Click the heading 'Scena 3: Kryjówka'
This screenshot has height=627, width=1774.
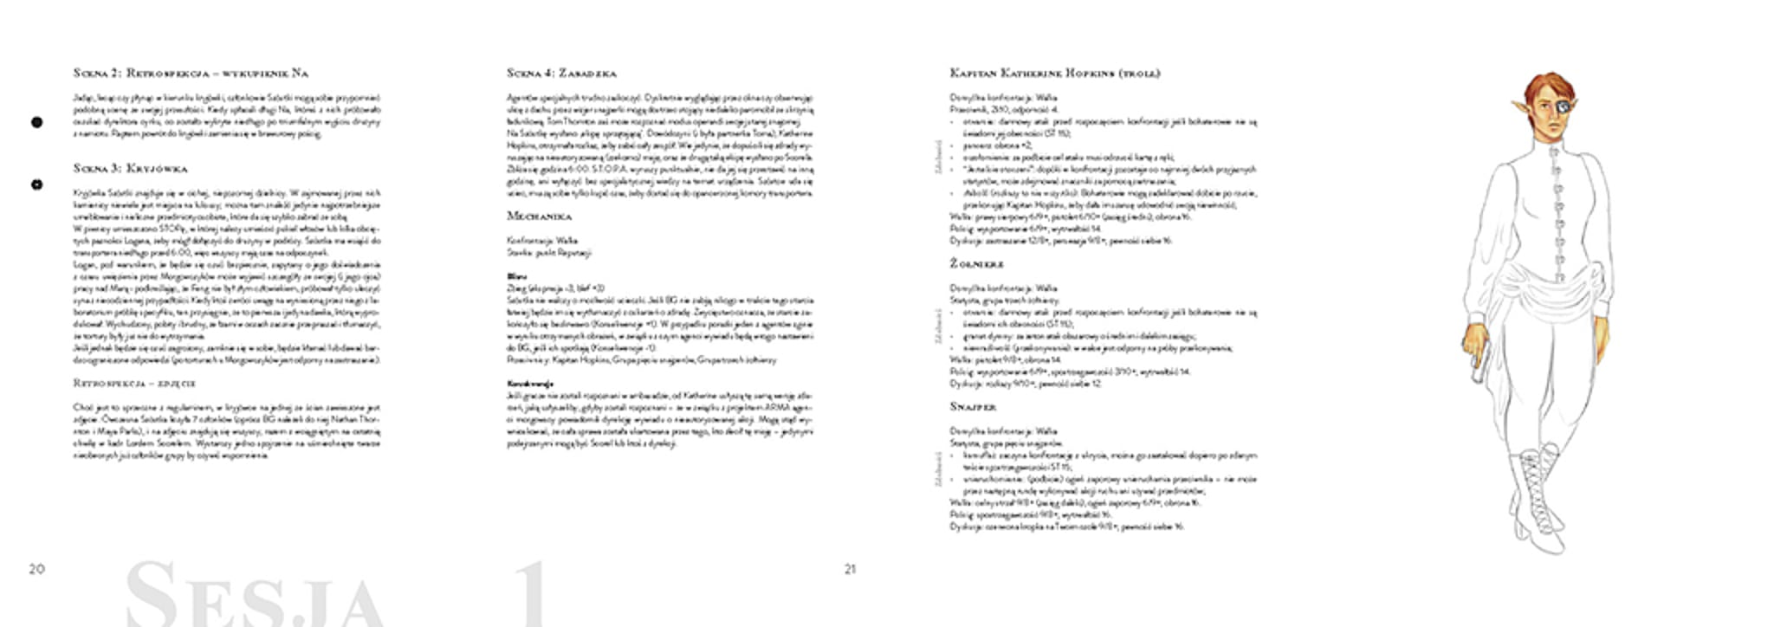click(x=130, y=169)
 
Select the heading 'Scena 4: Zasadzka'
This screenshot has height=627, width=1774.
click(x=561, y=74)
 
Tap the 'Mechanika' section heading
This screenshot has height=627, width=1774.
click(x=539, y=216)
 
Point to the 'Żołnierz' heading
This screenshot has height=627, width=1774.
click(x=977, y=264)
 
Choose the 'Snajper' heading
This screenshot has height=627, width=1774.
click(x=973, y=407)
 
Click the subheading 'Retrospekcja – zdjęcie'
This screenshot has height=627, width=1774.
click(x=134, y=383)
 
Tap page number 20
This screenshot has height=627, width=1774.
click(x=36, y=569)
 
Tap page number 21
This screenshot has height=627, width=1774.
click(x=850, y=569)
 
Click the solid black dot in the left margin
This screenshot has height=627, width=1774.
click(x=36, y=123)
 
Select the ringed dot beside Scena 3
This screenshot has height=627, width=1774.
click(x=36, y=184)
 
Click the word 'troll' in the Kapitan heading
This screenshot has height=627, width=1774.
click(x=1139, y=74)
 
